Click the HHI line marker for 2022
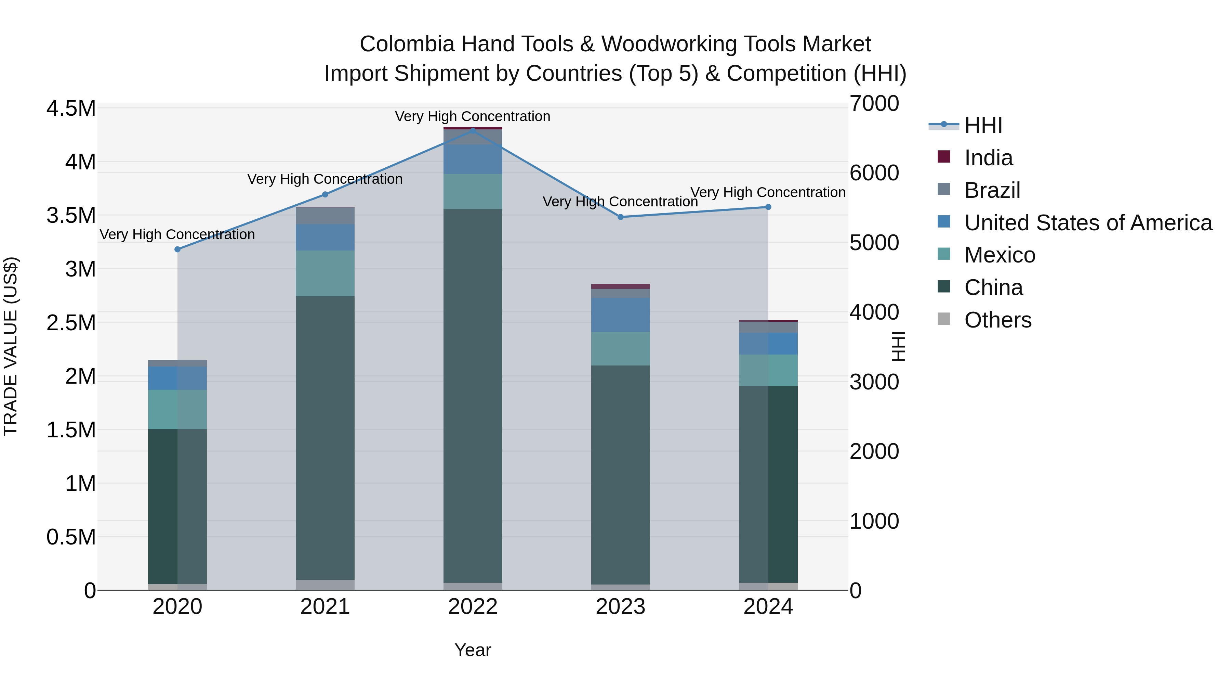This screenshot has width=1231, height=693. pos(473,130)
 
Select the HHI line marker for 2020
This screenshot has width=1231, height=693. pos(177,249)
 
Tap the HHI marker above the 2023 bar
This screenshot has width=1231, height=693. pos(620,217)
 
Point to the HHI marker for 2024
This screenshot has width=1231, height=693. pos(768,207)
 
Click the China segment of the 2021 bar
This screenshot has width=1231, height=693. pos(325,438)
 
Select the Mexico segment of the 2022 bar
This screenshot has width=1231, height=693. pos(473,191)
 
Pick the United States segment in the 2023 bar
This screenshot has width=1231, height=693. pos(620,315)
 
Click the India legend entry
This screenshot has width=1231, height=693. pos(988,158)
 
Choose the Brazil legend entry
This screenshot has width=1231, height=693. pos(992,190)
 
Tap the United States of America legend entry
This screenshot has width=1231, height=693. pos(1088,223)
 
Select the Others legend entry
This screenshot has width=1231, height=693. pos(997,320)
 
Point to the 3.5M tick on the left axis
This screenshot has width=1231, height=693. pos(71,215)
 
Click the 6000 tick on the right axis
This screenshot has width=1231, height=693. pos(874,173)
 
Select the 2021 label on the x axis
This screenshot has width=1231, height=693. pos(325,607)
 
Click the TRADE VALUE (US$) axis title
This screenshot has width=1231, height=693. pos(11,346)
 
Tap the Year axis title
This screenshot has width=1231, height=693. pos(473,650)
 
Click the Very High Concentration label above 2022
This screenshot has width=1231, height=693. pos(473,116)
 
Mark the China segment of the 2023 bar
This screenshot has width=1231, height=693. pos(620,474)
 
